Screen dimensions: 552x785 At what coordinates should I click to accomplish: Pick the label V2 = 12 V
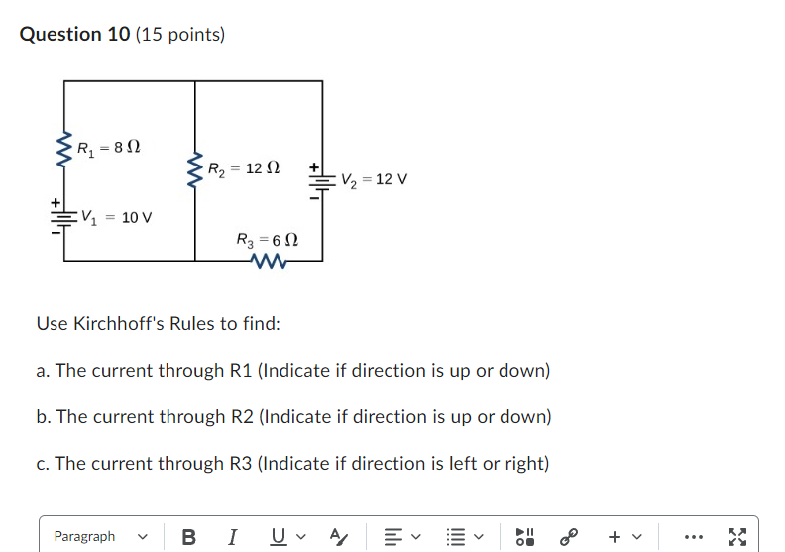pyautogui.click(x=374, y=180)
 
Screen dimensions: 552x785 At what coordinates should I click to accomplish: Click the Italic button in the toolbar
pyautogui.click(x=232, y=536)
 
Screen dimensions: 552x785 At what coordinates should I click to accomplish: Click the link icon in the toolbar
pyautogui.click(x=569, y=536)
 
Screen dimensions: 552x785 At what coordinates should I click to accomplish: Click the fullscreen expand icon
pyautogui.click(x=736, y=536)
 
